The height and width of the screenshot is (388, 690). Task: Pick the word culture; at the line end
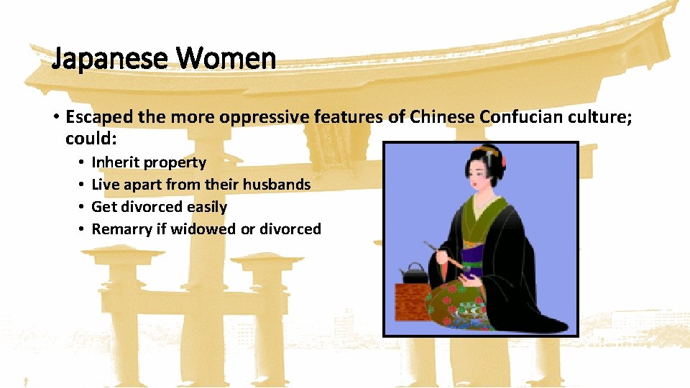click(x=602, y=116)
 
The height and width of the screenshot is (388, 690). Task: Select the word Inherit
click(x=116, y=162)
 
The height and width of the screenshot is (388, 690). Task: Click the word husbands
click(x=277, y=185)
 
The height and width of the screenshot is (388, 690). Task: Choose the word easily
click(x=207, y=207)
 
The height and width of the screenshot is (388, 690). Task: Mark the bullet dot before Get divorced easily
click(x=81, y=207)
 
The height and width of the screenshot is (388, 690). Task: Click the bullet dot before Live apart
click(x=81, y=185)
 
